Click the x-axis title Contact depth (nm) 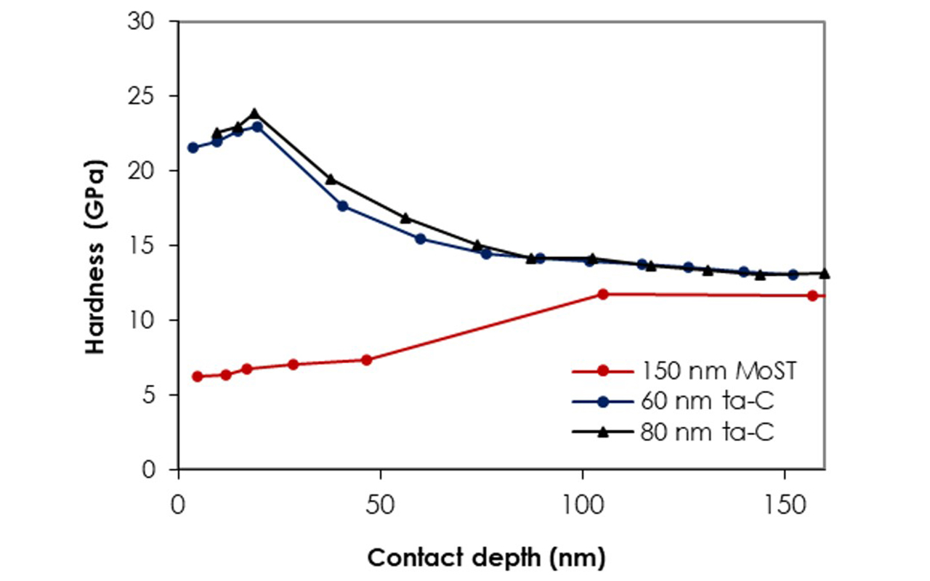pyautogui.click(x=485, y=558)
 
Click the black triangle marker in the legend pyautogui.click(x=602, y=432)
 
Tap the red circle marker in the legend pyautogui.click(x=602, y=370)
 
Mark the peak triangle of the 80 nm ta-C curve pyautogui.click(x=254, y=113)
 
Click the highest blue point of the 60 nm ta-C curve pyautogui.click(x=256, y=126)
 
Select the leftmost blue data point pyautogui.click(x=193, y=147)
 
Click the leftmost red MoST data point pyautogui.click(x=197, y=376)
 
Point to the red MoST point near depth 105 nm pyautogui.click(x=602, y=294)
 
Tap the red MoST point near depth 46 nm pyautogui.click(x=366, y=359)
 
